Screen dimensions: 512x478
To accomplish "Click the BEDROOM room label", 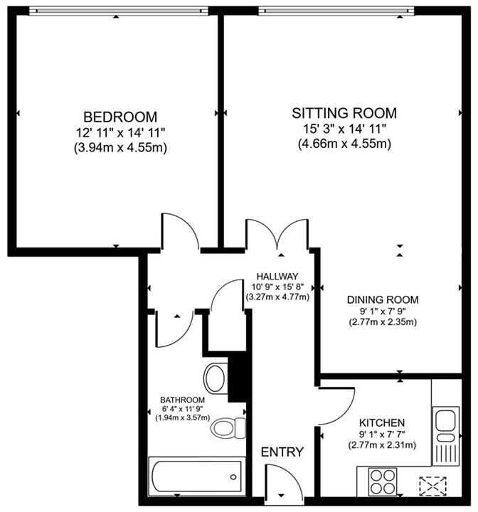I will [119, 117].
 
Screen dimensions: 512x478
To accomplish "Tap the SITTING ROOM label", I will [345, 112].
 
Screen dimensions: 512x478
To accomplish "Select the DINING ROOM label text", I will [383, 299].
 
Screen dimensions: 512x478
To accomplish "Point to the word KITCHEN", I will [382, 422].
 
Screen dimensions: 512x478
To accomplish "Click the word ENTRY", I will [282, 452].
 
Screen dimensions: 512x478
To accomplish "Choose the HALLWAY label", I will [277, 277].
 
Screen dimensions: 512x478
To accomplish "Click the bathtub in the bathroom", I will [195, 474].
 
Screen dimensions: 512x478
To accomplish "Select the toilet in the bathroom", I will [227, 428].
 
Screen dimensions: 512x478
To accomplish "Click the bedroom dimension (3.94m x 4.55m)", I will [119, 148].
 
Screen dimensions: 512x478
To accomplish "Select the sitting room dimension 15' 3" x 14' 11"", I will [345, 129].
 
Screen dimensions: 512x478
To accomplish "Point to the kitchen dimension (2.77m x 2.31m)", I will [382, 446].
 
